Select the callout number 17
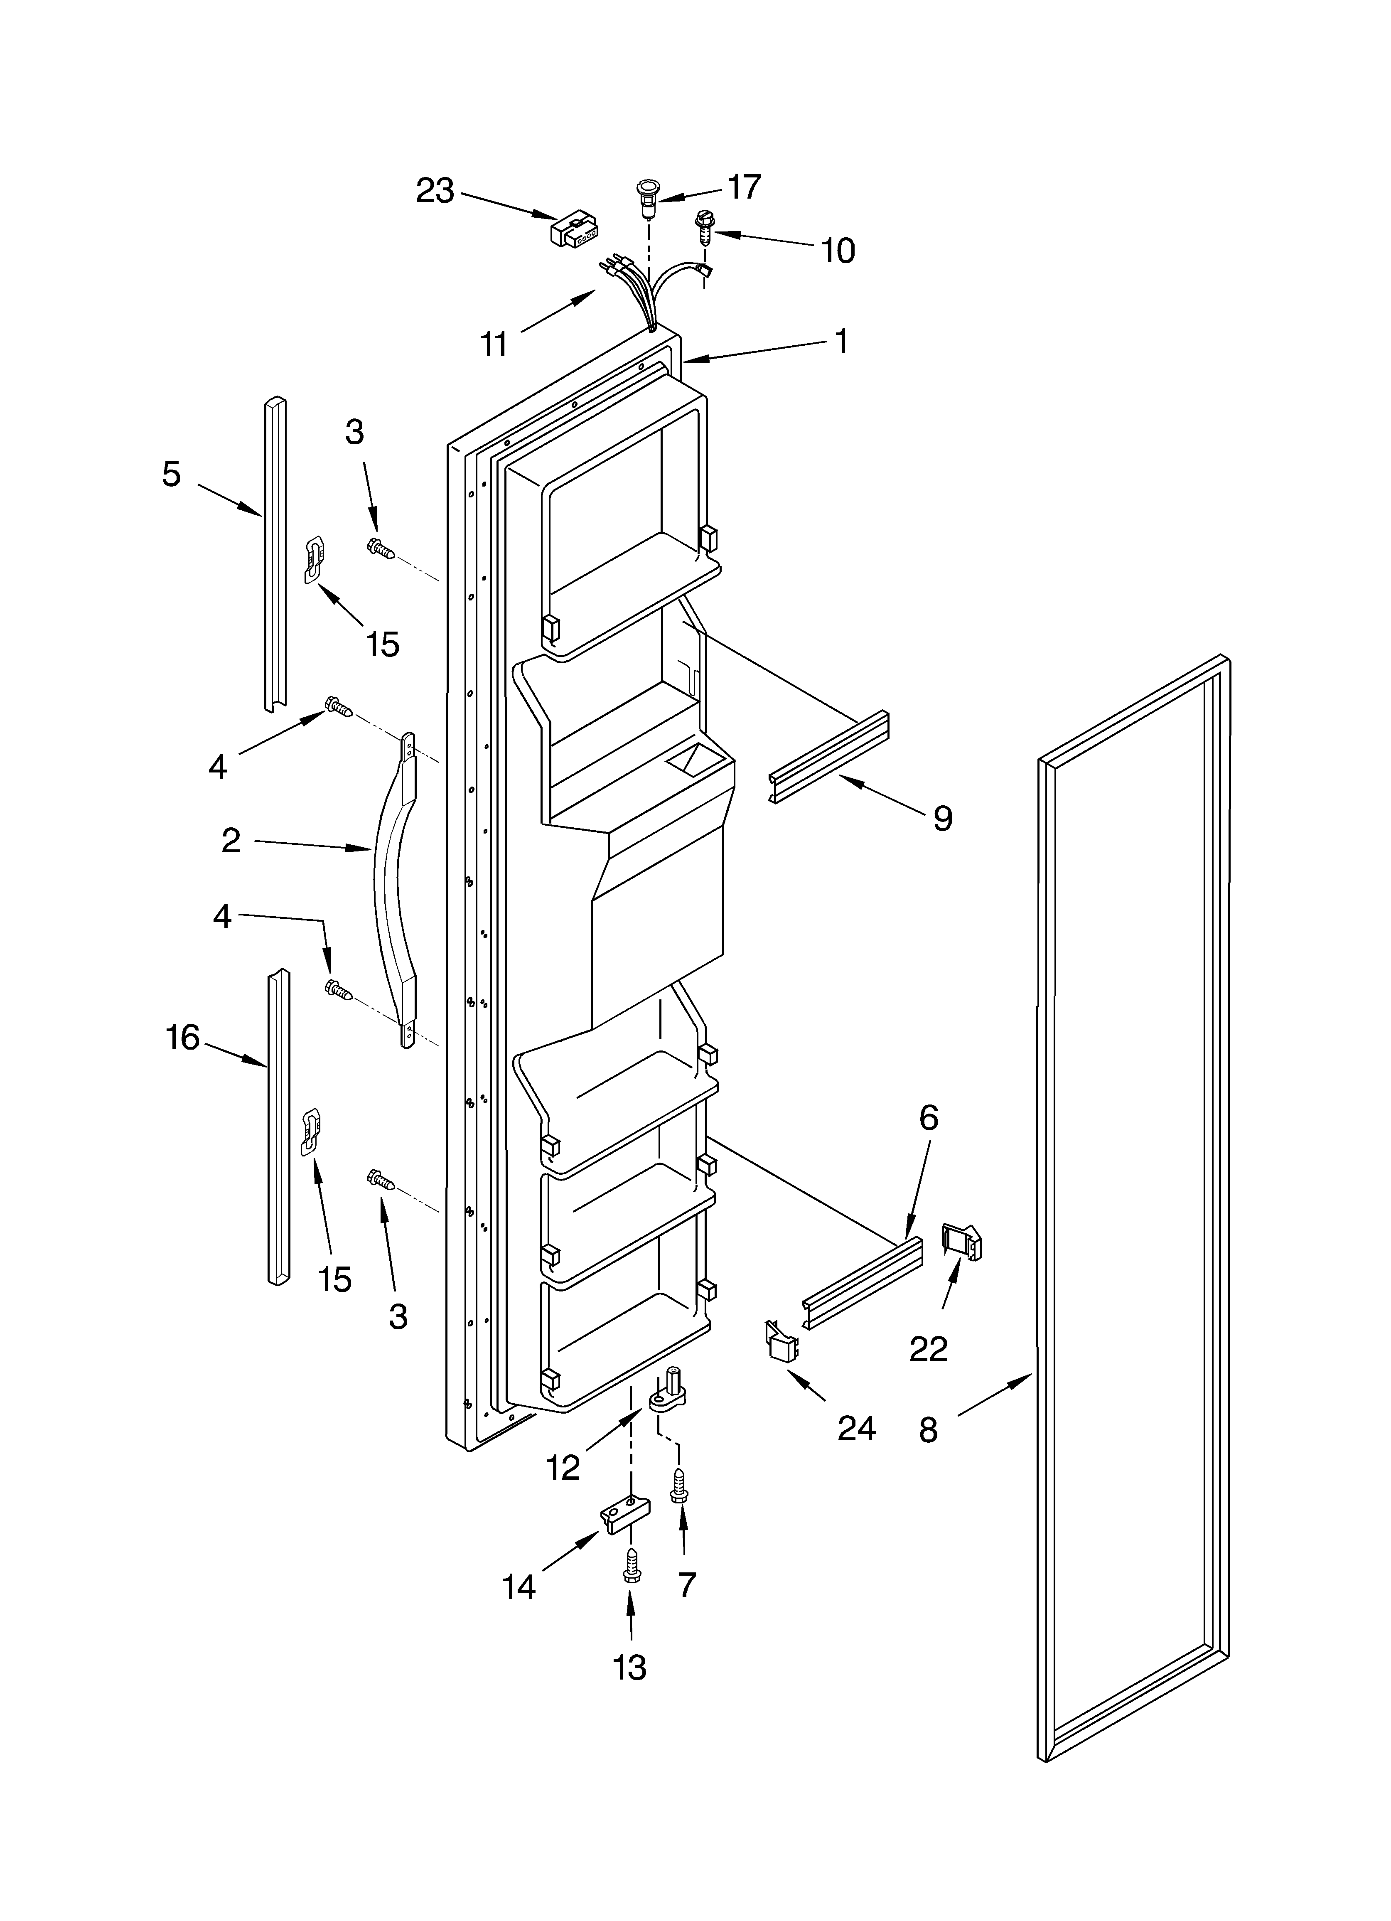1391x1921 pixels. tap(744, 187)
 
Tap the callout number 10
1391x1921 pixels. tap(837, 251)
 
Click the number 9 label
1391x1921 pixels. tap(942, 818)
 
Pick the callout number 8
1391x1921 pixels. tap(929, 1430)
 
